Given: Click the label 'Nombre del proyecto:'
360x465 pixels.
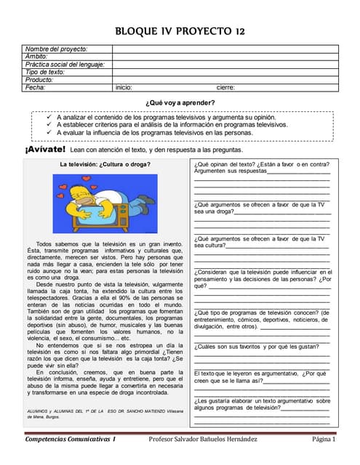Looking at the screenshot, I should pos(56,49).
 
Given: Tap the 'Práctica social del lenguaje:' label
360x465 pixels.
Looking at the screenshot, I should pos(65,64).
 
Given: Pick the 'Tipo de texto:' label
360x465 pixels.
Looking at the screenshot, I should pos(46,72).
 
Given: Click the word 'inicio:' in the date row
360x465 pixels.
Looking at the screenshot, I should pos(124,87).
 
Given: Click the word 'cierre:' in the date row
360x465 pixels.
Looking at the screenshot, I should pos(225,87).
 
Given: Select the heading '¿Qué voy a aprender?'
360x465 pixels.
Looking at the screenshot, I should pos(180,102).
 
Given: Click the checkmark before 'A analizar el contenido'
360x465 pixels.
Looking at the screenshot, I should pos(47,116).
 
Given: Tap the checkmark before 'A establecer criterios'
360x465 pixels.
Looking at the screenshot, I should pos(47,124).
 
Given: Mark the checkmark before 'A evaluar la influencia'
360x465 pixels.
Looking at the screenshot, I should pos(47,132).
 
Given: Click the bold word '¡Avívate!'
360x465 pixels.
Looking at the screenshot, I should pos(45,149).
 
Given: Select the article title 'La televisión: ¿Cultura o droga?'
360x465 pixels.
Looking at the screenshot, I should pos(105,164).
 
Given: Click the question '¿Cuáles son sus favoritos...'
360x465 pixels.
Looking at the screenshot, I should pos(257,347).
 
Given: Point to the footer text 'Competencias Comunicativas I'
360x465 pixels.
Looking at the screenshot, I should pos(71,440).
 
